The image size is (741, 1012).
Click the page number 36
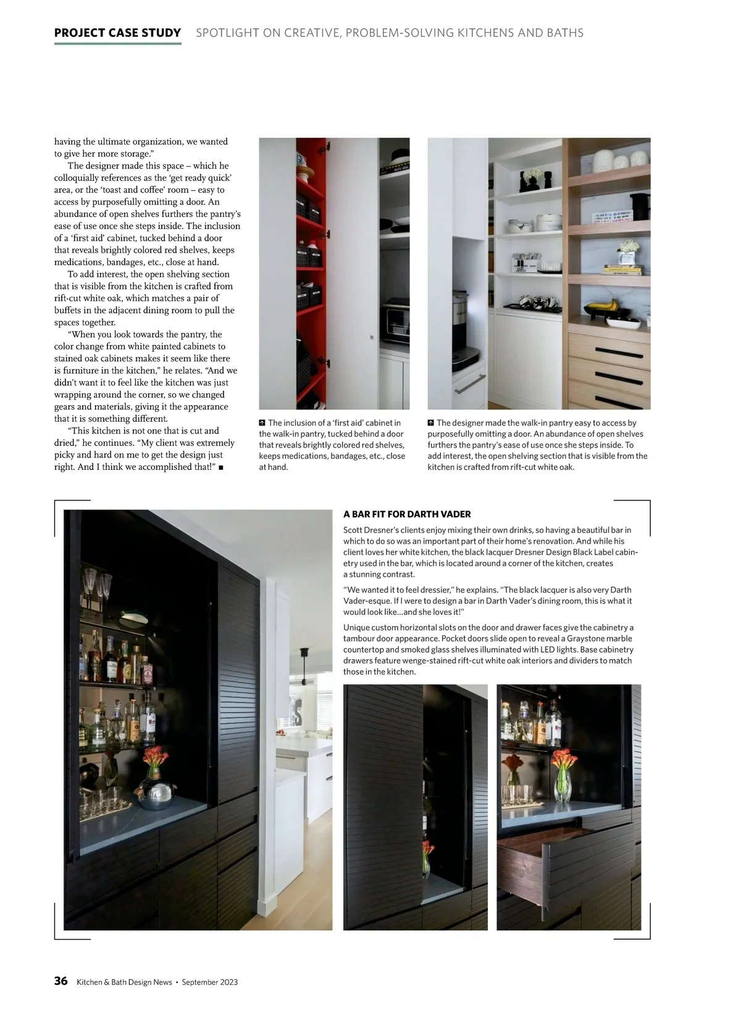61,981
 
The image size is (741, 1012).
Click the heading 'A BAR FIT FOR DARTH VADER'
407,514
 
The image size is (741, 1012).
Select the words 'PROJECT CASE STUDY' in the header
117,33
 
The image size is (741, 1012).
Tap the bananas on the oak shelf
602,305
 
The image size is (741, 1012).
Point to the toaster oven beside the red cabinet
394,322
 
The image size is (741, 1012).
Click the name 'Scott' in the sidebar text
353,530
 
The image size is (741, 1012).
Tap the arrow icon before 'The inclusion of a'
262,423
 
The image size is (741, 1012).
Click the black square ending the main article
220,467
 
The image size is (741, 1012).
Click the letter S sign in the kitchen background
298,714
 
